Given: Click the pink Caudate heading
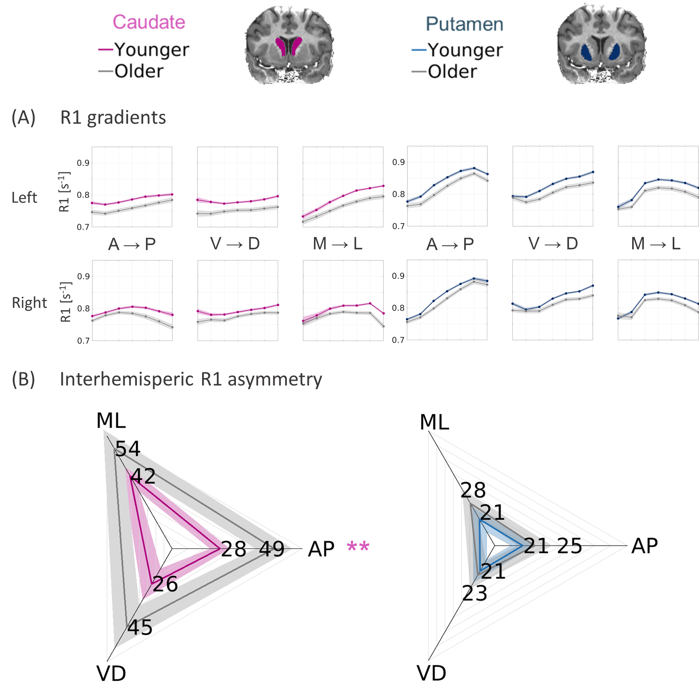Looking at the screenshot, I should pyautogui.click(x=149, y=22).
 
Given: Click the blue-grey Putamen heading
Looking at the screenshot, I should pyautogui.click(x=464, y=24).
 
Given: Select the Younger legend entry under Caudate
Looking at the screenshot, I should pyautogui.click(x=144, y=50).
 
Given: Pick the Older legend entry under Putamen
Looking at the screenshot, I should pyautogui.click(x=445, y=72).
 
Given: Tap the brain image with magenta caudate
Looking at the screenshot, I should pyautogui.click(x=290, y=45).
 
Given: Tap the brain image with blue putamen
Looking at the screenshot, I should pyautogui.click(x=601, y=45).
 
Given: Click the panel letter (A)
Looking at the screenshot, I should pyautogui.click(x=23, y=118).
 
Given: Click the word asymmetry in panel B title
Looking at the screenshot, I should pyautogui.click(x=275, y=380).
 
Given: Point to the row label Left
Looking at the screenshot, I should pyautogui.click(x=24, y=198).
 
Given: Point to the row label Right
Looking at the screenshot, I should pyautogui.click(x=29, y=303).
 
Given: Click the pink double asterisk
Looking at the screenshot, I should pyautogui.click(x=358, y=547).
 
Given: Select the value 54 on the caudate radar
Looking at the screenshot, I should pyautogui.click(x=128, y=449).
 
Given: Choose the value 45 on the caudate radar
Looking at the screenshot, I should pyautogui.click(x=140, y=627).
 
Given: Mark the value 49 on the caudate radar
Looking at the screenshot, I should pyautogui.click(x=272, y=549).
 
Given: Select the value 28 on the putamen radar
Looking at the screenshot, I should pyautogui.click(x=473, y=490).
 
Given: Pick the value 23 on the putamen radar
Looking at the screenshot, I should pyautogui.click(x=475, y=593).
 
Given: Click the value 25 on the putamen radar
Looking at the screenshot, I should pyautogui.click(x=569, y=546).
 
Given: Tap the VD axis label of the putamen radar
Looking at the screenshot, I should pyautogui.click(x=432, y=673).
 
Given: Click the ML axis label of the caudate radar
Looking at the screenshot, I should pyautogui.click(x=111, y=421).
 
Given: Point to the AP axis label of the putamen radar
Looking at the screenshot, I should pyautogui.click(x=644, y=545).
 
